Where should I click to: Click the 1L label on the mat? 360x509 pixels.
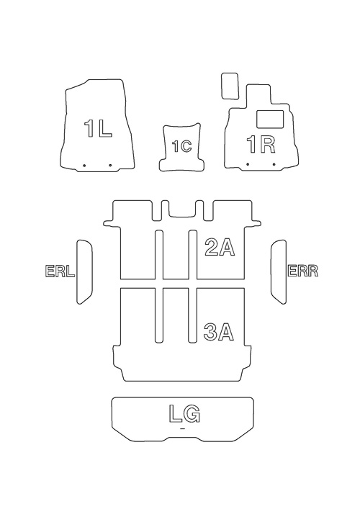(98, 128)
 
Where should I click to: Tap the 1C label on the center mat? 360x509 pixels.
(181, 146)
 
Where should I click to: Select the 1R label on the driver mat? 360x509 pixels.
(261, 145)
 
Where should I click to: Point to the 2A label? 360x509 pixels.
(220, 248)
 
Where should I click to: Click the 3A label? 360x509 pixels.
(219, 332)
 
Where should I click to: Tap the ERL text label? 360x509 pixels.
(60, 271)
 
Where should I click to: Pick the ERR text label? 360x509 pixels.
(303, 271)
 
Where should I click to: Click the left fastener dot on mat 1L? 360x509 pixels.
(84, 166)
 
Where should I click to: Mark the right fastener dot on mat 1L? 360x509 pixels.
(110, 166)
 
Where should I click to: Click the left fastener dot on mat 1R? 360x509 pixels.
(248, 164)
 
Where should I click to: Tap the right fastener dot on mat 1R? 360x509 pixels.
(274, 164)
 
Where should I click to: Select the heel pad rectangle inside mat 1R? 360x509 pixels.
(270, 119)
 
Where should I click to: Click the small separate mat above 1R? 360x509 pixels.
(230, 86)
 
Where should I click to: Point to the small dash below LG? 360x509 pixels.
(181, 429)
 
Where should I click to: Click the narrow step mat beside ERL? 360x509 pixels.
(84, 272)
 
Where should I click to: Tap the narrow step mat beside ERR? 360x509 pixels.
(279, 272)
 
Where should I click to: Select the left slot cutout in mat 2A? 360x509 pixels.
(159, 255)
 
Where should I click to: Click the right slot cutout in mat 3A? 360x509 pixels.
(192, 315)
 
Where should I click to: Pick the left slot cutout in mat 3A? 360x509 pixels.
(159, 315)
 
